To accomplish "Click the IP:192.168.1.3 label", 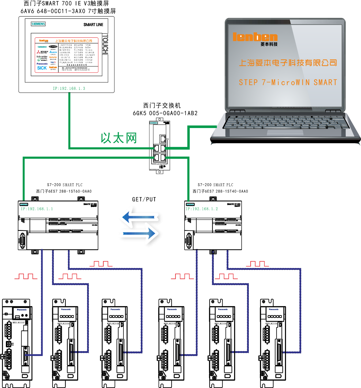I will pyautogui.click(x=69, y=88).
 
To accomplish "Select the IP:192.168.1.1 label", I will pyautogui.click(x=37, y=209).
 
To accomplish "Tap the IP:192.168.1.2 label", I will pyautogui.click(x=201, y=209).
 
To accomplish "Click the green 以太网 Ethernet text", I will pyautogui.click(x=119, y=138).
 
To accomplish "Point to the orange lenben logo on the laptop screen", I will pyautogui.click(x=255, y=37).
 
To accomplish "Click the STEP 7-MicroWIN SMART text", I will pyautogui.click(x=288, y=82).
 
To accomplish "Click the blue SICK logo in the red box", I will pyautogui.click(x=42, y=68).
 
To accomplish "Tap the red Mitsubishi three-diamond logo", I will pyautogui.click(x=39, y=52).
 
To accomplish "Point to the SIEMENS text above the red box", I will pyautogui.click(x=38, y=24).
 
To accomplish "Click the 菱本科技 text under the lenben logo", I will pyautogui.click(x=269, y=44).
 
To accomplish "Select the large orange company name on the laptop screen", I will pyautogui.click(x=288, y=63).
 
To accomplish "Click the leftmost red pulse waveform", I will pyautogui.click(x=26, y=276).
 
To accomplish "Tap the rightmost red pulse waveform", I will pyautogui.click(x=257, y=264).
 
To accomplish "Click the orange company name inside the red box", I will pyautogui.click(x=74, y=41).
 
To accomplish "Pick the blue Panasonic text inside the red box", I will pyautogui.click(x=42, y=64).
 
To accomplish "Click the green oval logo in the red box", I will pyautogui.click(x=39, y=59).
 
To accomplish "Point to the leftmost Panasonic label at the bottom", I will pyautogui.click(x=22, y=310).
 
